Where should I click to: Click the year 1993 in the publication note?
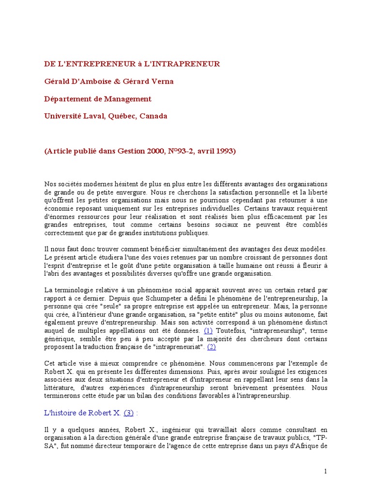tap(222, 151)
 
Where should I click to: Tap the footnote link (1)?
tap(208, 330)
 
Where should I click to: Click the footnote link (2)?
tap(212, 347)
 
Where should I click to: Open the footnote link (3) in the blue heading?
tap(128, 413)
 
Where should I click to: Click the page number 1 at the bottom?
tap(326, 471)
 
